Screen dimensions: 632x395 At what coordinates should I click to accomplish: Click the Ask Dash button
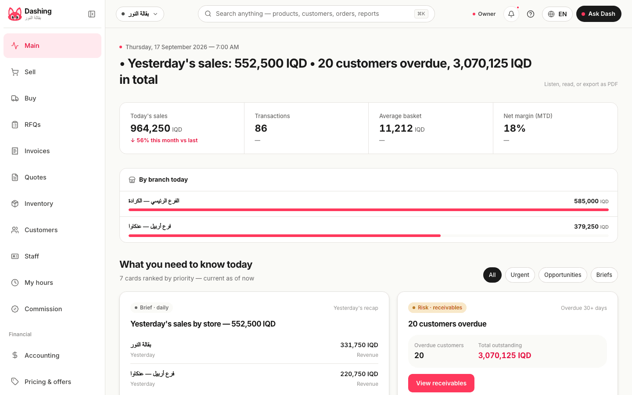click(x=599, y=14)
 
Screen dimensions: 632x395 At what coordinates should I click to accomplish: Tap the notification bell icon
click(x=511, y=14)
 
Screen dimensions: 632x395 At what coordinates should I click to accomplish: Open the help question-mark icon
click(x=531, y=14)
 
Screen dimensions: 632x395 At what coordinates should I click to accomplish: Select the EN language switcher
click(x=557, y=14)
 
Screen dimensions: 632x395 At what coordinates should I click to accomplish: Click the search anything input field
click(x=316, y=14)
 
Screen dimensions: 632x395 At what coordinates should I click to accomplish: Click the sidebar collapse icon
click(x=92, y=14)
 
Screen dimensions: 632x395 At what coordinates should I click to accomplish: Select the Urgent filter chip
click(x=520, y=275)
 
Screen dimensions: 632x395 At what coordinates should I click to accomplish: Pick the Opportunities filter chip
click(x=563, y=275)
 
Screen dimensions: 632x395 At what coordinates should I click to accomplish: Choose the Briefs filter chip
click(x=604, y=275)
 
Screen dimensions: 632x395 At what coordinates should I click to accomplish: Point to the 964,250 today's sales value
click(x=150, y=128)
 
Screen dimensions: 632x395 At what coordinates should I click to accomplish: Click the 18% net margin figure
click(x=514, y=128)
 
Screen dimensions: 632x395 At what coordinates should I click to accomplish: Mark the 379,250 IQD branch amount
click(x=591, y=226)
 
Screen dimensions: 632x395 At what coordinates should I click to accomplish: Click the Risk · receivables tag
click(x=437, y=308)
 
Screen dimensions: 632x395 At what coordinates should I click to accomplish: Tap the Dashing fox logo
click(x=14, y=14)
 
